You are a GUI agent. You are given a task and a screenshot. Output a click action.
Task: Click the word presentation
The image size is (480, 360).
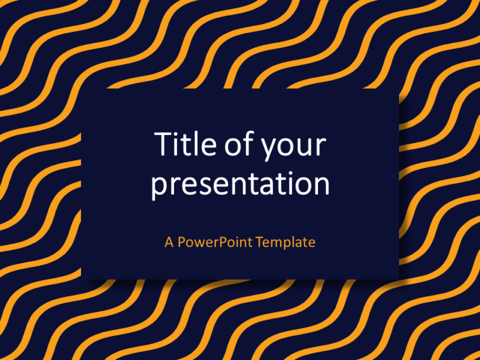(240, 184)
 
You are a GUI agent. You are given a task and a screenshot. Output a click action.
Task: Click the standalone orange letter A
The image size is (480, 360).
(169, 242)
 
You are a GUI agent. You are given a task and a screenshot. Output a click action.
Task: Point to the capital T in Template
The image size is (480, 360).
(259, 242)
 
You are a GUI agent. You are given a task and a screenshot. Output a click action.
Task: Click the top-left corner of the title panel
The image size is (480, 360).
(82, 89)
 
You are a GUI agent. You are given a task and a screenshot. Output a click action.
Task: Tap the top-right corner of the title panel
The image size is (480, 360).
(398, 89)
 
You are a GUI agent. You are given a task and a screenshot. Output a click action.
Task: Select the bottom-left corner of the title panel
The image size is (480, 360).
(82, 278)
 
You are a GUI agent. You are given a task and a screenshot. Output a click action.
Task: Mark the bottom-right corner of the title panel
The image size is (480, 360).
(398, 278)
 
